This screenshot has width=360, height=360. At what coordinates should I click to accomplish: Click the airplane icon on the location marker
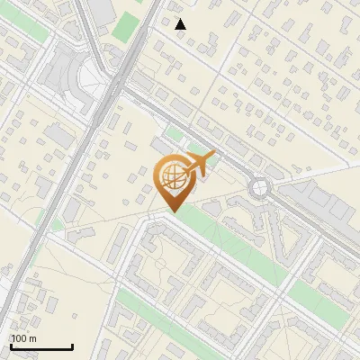point(199,165)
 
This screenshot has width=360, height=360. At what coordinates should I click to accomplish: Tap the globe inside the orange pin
point(171,176)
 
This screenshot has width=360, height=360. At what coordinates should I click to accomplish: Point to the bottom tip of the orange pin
point(175,211)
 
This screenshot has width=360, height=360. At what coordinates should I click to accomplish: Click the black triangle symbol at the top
point(180,24)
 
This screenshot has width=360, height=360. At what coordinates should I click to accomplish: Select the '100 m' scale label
point(23,338)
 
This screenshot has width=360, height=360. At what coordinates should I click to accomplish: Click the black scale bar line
point(41,346)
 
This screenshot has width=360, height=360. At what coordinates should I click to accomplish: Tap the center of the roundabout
point(260,187)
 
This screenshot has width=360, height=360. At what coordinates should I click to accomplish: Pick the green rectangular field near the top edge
point(127,26)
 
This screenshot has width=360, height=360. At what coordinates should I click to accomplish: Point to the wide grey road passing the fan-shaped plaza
point(108,99)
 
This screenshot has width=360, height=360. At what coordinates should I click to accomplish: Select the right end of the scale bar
point(72,346)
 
